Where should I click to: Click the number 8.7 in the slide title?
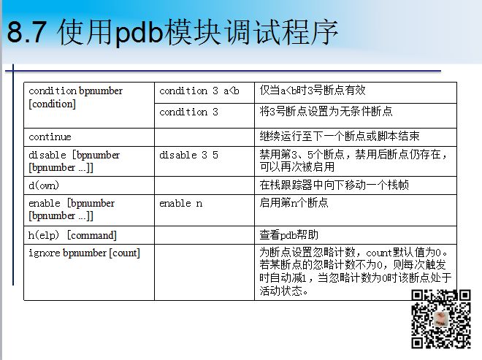27,32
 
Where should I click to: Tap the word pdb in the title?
139,33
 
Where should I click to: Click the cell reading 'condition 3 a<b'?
199,91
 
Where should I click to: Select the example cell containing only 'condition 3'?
188,112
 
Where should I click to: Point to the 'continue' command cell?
50,137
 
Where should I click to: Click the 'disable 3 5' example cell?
188,155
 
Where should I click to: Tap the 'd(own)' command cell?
44,185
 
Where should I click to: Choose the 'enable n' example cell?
181,203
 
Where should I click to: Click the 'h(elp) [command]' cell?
72,235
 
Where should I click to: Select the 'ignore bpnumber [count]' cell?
84,253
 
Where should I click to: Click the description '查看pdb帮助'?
288,235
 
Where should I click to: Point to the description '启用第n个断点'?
294,202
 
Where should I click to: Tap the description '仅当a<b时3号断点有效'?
313,91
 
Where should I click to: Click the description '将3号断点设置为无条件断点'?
326,111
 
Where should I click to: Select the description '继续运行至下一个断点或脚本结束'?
340,136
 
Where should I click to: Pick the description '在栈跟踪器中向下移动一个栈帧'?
334,185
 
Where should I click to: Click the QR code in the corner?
441,319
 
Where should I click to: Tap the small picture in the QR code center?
441,319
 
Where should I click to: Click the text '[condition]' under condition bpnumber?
53,104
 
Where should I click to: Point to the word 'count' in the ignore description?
379,253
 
